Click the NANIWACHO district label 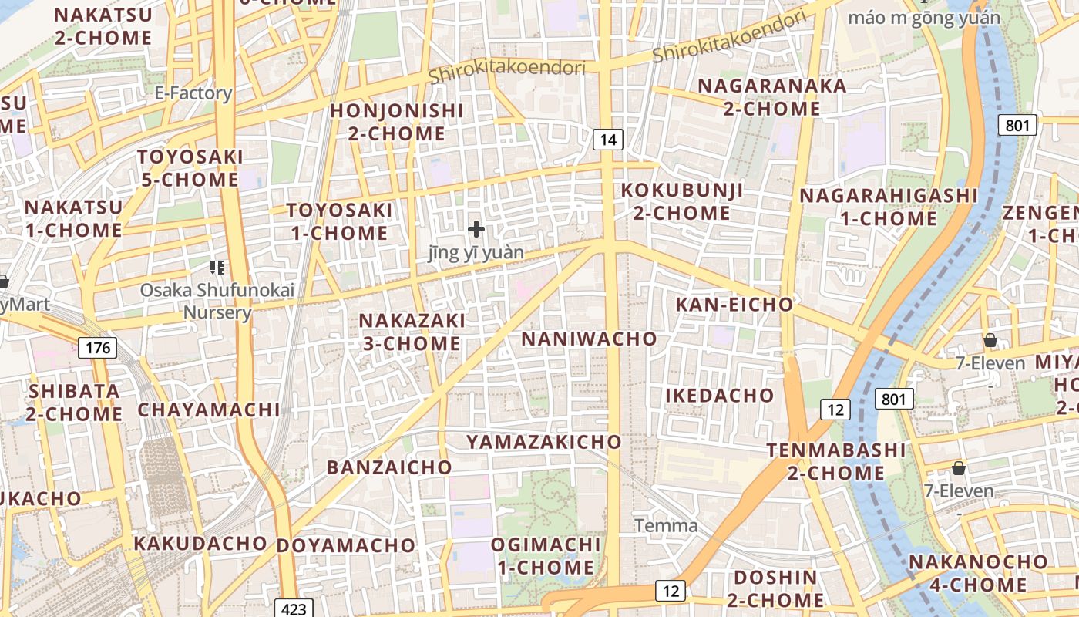(x=590, y=339)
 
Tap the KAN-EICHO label (x=734, y=305)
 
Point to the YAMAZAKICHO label (x=543, y=442)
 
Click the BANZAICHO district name (x=389, y=467)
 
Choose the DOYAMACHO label (x=346, y=545)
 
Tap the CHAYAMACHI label (x=209, y=410)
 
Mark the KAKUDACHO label (x=200, y=543)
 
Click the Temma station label (x=667, y=526)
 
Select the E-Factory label (x=193, y=93)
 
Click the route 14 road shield (x=608, y=140)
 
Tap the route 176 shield (x=98, y=348)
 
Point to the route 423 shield (x=294, y=609)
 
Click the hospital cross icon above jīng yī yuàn (x=476, y=228)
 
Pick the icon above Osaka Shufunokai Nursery (x=217, y=268)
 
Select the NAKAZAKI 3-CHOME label (x=412, y=332)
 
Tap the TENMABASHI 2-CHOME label (x=836, y=460)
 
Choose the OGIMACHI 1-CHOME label (x=546, y=556)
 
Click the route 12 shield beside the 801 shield (x=835, y=410)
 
